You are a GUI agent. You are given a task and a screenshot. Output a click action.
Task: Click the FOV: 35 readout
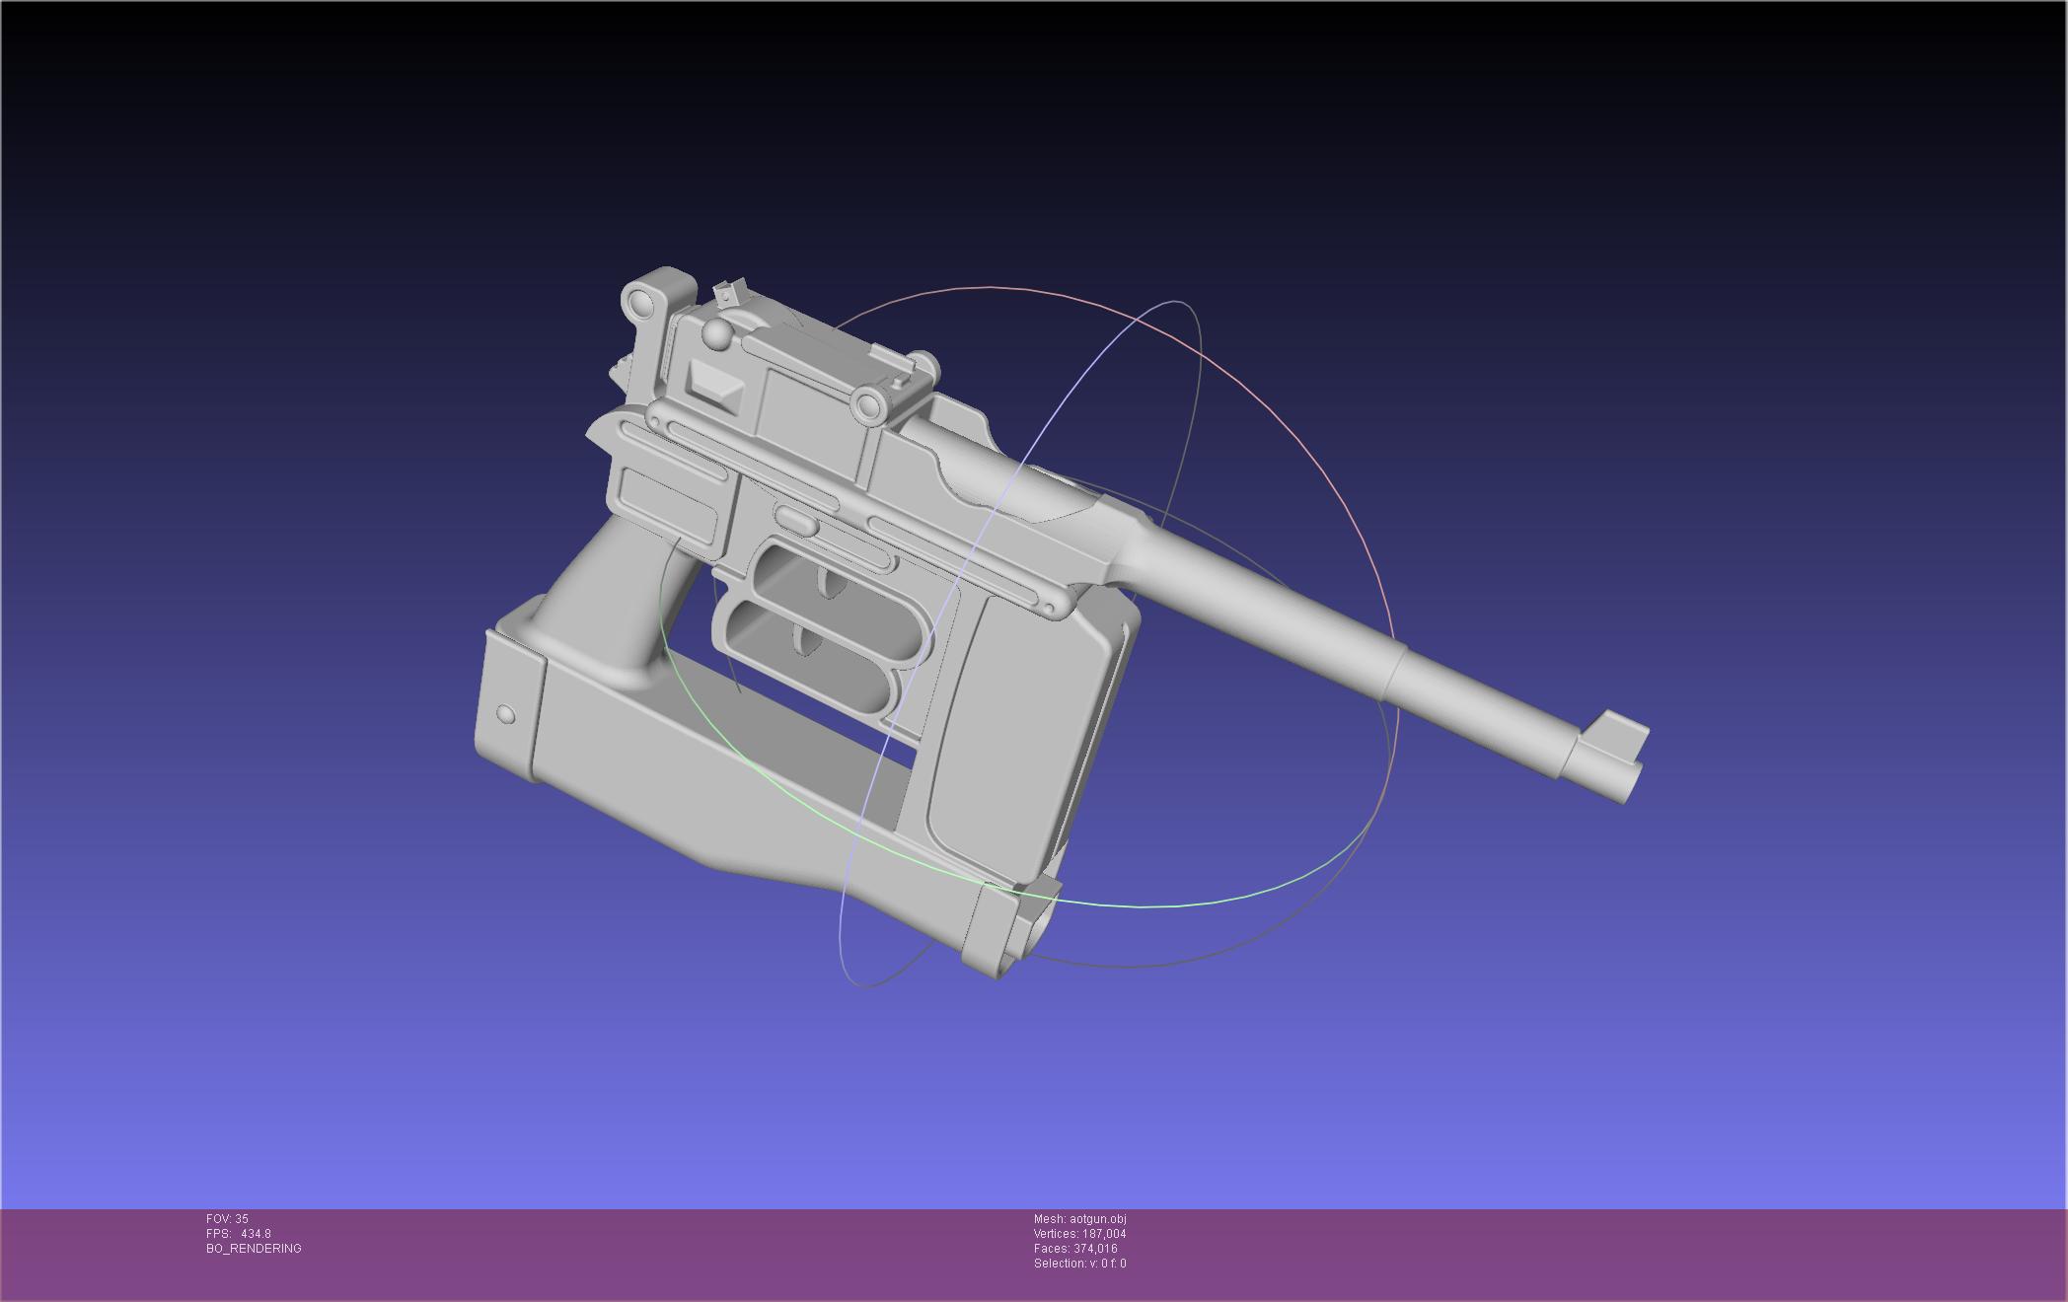pos(227,1219)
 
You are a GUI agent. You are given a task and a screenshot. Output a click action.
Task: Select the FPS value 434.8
pos(256,1234)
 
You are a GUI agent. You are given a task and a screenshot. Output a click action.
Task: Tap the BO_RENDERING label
pos(254,1249)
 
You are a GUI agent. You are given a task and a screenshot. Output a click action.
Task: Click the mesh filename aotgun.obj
pos(1097,1219)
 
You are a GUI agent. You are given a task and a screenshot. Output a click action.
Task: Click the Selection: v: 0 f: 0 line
pos(1080,1264)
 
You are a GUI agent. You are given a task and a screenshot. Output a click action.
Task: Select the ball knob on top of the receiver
pos(717,334)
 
